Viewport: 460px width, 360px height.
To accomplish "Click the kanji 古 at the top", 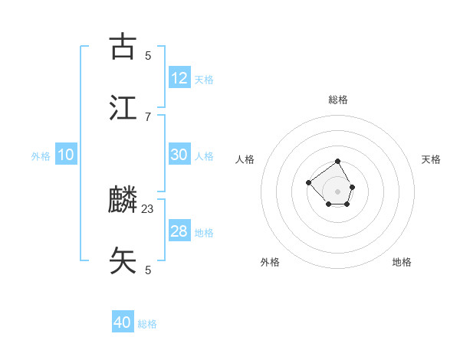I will pos(123,47).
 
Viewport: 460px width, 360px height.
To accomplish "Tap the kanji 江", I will pos(123,108).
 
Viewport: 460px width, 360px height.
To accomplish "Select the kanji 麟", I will pos(123,200).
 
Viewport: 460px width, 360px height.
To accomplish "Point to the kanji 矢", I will pos(123,261).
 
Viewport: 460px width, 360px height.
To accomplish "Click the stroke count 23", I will pos(148,208).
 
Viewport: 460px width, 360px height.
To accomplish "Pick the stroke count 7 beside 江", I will pos(148,116).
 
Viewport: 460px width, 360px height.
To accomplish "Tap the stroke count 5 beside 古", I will pos(148,55).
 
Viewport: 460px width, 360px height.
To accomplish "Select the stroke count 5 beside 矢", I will pos(148,270).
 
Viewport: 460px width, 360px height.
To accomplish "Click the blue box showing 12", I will pos(179,78).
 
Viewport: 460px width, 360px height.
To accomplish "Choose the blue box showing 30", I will pos(179,155).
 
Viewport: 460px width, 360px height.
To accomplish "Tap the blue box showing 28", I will pos(179,231).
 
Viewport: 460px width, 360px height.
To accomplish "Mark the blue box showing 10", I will pos(66,155).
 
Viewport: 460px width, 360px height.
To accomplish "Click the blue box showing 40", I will pos(123,322).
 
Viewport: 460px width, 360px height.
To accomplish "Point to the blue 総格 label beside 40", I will pos(147,324).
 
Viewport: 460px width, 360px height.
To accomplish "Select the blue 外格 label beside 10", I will pos(41,156).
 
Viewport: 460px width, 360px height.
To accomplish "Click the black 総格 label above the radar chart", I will pos(338,100).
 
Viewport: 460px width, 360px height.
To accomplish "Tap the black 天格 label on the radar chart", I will pos(432,159).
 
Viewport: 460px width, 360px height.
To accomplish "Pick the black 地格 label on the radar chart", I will pos(402,262).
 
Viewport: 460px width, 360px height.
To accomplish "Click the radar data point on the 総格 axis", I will pos(338,162).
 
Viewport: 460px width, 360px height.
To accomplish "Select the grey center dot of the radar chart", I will pos(338,191).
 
